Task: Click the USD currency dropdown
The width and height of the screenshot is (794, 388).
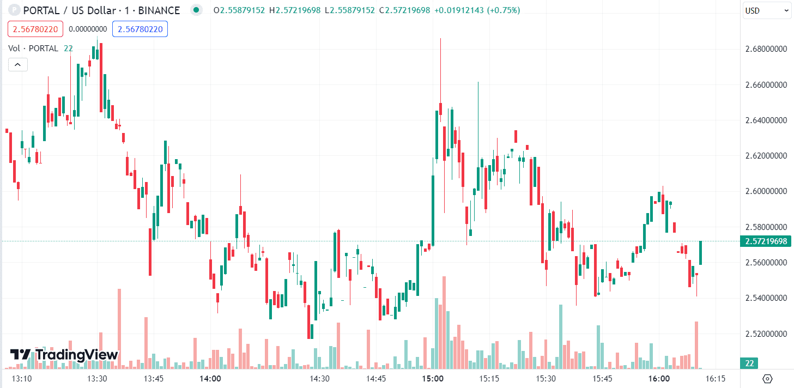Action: coord(766,10)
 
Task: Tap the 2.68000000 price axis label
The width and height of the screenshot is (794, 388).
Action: coord(767,49)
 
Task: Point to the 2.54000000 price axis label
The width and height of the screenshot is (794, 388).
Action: coord(767,298)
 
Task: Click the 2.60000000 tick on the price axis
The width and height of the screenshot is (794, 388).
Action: coord(767,191)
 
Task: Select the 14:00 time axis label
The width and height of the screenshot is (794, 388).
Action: coord(210,379)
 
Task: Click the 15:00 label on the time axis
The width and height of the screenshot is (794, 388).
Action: coord(433,379)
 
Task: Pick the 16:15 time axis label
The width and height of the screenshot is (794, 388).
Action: coord(715,379)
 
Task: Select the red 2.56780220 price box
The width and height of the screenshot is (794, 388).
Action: coord(35,29)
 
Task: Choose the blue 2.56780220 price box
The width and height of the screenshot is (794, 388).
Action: coord(140,29)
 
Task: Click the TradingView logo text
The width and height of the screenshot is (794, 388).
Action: coord(64,355)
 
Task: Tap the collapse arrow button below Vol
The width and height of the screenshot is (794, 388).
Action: coord(17,65)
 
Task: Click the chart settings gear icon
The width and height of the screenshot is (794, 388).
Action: coord(767,379)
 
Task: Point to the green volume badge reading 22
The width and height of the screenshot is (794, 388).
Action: coord(749,363)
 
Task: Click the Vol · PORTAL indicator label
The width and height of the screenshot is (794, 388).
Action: coord(33,48)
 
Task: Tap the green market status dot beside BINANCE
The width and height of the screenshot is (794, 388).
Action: coord(196,10)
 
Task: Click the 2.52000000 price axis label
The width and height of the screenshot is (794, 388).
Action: coord(767,334)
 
